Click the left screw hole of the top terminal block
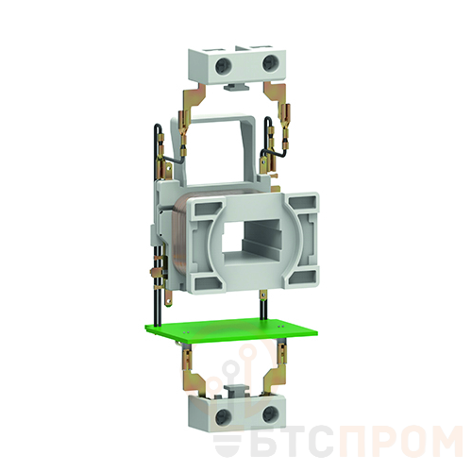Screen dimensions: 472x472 click(224, 66)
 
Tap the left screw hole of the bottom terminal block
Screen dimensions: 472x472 click(224, 417)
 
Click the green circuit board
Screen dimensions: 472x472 click(231, 332)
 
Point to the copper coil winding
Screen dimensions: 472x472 click(178, 238)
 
